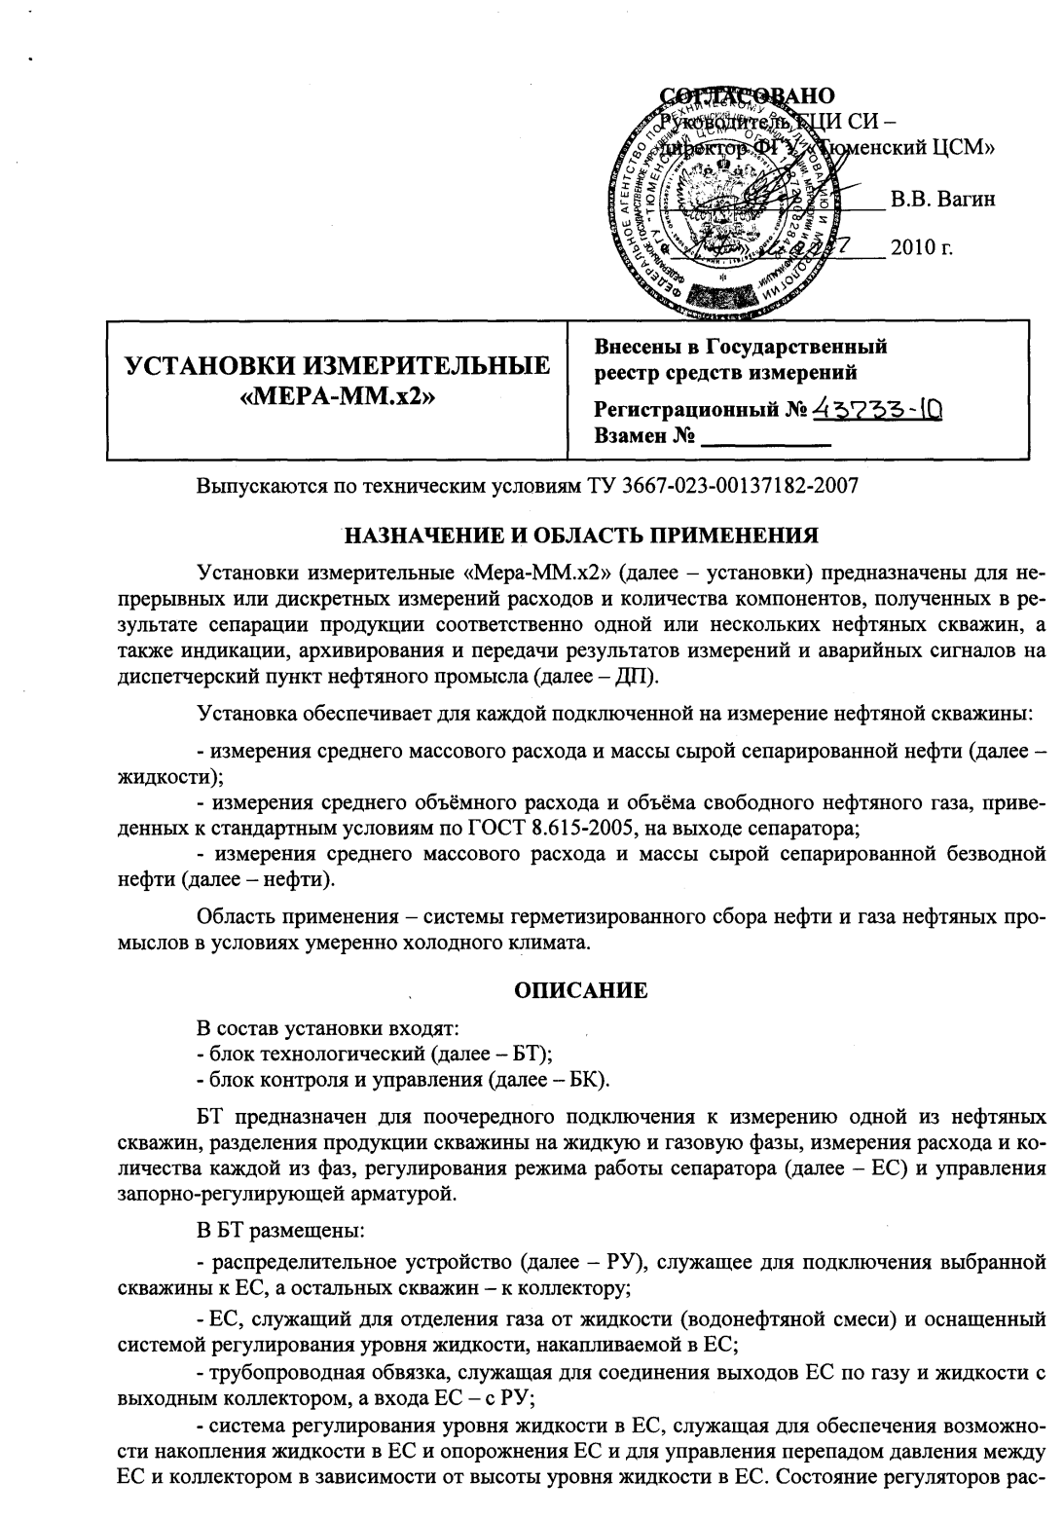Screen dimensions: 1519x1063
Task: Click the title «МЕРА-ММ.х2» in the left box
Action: (x=337, y=397)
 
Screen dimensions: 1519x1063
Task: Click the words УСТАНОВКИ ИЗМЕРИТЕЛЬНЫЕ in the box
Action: (x=337, y=367)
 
